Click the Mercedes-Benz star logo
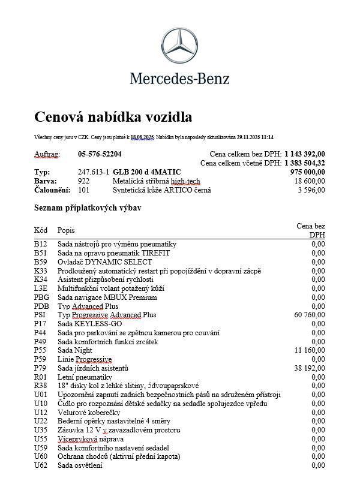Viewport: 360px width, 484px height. tap(180, 37)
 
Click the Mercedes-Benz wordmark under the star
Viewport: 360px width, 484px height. tap(180, 78)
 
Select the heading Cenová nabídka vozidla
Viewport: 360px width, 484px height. tap(113, 116)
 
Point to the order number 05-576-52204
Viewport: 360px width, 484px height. tap(100, 154)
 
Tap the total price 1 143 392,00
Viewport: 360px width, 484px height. tap(305, 154)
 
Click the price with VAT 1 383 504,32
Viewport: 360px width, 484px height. tap(305, 163)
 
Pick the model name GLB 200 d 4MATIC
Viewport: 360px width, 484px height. tap(147, 172)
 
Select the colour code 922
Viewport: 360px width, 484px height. tap(83, 181)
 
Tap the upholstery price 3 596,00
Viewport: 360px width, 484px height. tap(311, 190)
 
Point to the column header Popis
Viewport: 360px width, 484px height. tap(66, 230)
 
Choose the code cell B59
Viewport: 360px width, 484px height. tap(40, 262)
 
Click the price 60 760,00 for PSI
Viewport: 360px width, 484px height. tap(309, 315)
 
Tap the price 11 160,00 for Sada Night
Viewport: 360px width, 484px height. tap(310, 350)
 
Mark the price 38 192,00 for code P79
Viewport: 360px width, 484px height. tap(309, 368)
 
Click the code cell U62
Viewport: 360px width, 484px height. tap(40, 465)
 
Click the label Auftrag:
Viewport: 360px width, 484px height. tap(47, 154)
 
